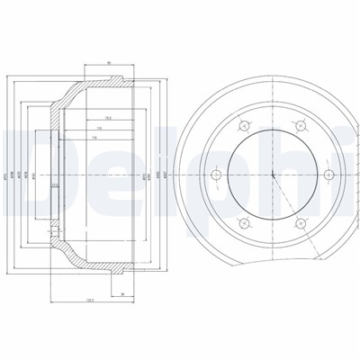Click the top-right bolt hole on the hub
click(296, 126)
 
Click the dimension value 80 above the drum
click(108, 63)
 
